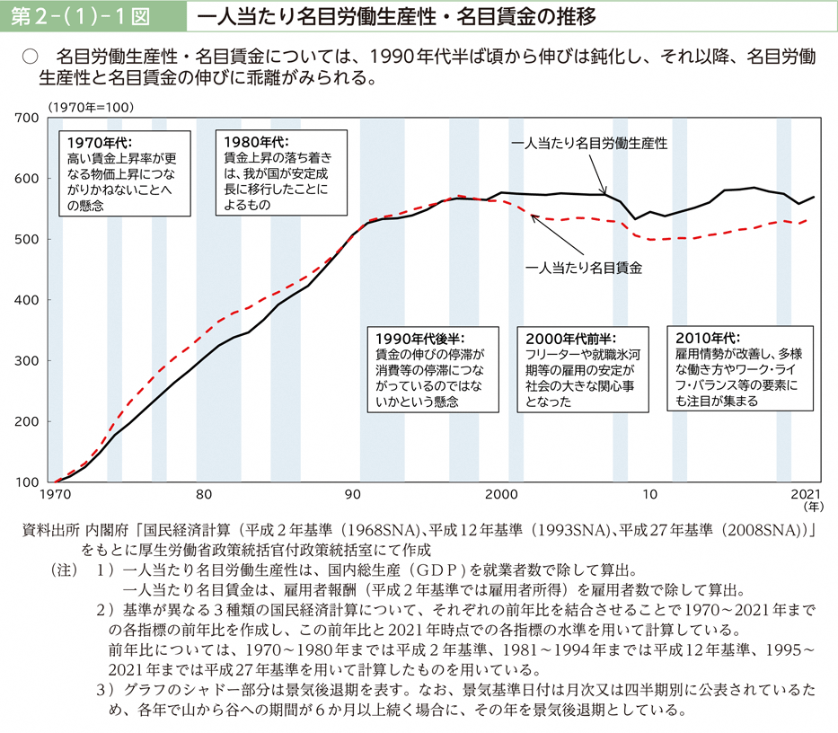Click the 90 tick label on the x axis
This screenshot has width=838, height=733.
point(353,495)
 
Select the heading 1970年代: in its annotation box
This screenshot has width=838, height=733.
point(99,142)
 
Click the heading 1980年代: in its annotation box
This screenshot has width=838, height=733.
point(255,142)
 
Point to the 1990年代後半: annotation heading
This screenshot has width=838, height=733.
point(419,339)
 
